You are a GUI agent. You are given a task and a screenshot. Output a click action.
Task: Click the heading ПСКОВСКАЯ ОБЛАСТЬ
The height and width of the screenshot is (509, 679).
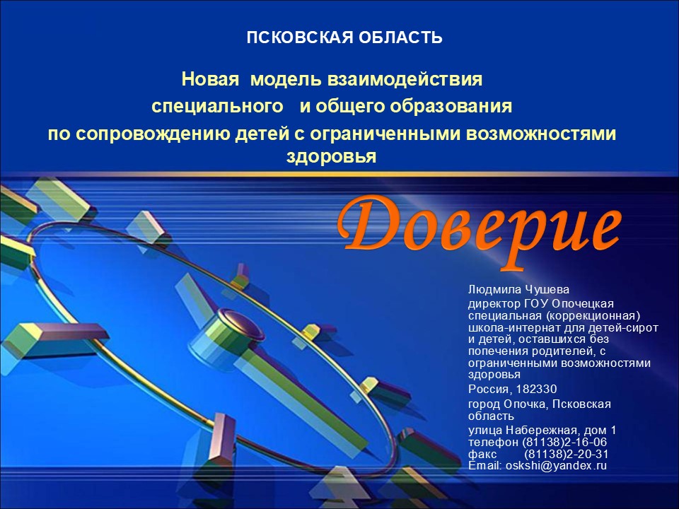pyautogui.click(x=344, y=37)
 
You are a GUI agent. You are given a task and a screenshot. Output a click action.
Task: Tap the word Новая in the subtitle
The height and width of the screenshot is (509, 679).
pyautogui.click(x=210, y=79)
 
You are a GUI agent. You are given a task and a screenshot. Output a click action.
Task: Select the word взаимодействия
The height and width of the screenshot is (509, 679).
pyautogui.click(x=405, y=79)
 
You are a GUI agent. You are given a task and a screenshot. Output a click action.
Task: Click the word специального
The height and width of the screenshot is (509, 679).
pyautogui.click(x=217, y=107)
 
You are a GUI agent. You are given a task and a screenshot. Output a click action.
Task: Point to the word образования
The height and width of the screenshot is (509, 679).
pyautogui.click(x=451, y=107)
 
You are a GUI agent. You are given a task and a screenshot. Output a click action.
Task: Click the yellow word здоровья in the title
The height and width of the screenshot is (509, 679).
pyautogui.click(x=331, y=156)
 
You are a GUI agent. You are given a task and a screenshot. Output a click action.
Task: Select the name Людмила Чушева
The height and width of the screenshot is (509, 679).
pyautogui.click(x=518, y=290)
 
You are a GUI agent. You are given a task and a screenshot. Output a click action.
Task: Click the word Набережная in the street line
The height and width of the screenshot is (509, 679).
pyautogui.click(x=541, y=431)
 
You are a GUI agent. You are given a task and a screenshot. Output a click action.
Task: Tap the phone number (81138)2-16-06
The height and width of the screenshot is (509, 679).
pyautogui.click(x=564, y=443)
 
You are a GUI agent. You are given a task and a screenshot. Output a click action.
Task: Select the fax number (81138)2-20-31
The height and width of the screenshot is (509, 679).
pyautogui.click(x=567, y=455)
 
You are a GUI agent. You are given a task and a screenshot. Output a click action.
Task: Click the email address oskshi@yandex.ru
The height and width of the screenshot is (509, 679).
pyautogui.click(x=556, y=466)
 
